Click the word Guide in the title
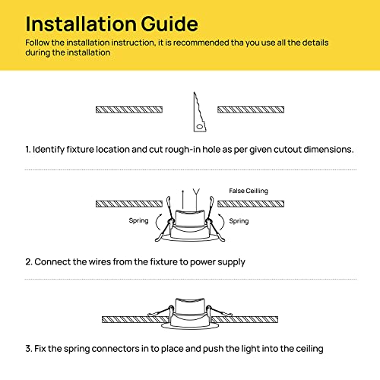click(x=169, y=24)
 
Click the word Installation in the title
click(x=81, y=24)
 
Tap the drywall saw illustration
click(x=199, y=112)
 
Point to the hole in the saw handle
click(x=200, y=126)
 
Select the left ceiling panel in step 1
click(x=129, y=109)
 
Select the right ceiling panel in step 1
click(x=251, y=109)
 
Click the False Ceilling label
click(x=249, y=191)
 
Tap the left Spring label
click(x=138, y=220)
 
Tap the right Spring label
click(x=239, y=221)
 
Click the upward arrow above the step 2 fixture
click(x=182, y=199)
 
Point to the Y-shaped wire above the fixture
click(x=196, y=199)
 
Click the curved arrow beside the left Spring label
click(x=157, y=222)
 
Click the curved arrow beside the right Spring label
click(x=222, y=222)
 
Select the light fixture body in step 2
click(x=190, y=225)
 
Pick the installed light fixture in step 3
click(x=190, y=314)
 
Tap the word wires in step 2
click(x=100, y=261)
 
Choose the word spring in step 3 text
click(x=77, y=349)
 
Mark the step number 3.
click(x=29, y=349)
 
